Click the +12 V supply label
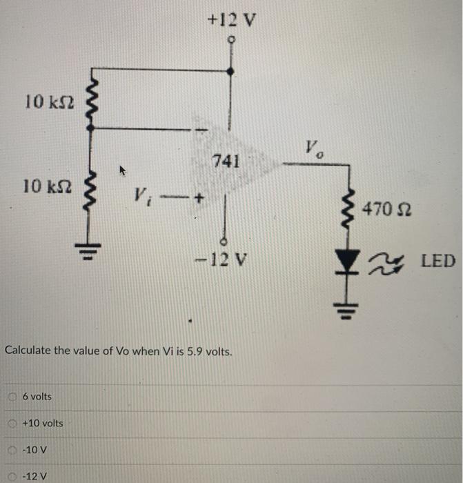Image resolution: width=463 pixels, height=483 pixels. (x=231, y=20)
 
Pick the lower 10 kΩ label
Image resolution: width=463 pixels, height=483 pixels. (x=42, y=186)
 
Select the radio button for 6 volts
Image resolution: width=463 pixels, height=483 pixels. (x=12, y=397)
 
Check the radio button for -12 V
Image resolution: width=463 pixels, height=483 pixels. (x=12, y=476)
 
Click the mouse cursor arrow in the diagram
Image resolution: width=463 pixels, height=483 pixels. (x=123, y=168)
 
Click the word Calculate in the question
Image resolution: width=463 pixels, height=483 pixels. (x=28, y=351)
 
